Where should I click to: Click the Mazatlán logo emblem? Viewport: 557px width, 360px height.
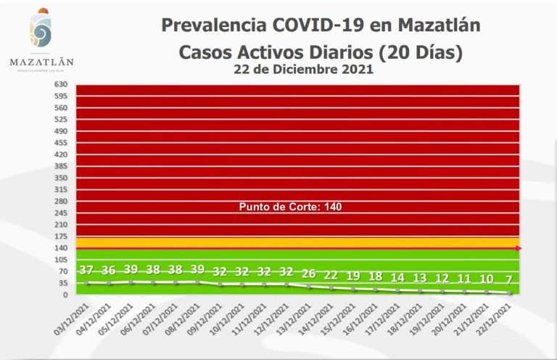pos(41,31)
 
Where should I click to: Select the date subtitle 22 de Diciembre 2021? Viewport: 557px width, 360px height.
pos(304,70)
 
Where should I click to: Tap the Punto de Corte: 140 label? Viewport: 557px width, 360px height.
pos(290,207)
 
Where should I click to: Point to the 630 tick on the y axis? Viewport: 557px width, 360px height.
pos(60,84)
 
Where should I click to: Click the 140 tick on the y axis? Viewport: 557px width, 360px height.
pos(60,248)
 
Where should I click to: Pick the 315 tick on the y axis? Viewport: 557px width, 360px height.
pos(60,189)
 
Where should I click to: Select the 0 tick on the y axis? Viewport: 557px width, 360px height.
pos(65,295)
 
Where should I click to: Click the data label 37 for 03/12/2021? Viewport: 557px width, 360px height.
pos(86,270)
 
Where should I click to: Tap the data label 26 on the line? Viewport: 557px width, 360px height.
pos(309,274)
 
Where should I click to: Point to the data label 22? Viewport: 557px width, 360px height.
pos(331,275)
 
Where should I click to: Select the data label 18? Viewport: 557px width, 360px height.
pos(376,277)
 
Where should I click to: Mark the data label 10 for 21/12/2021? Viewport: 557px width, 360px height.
pos(487,279)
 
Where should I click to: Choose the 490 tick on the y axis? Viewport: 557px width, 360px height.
pos(60,131)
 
